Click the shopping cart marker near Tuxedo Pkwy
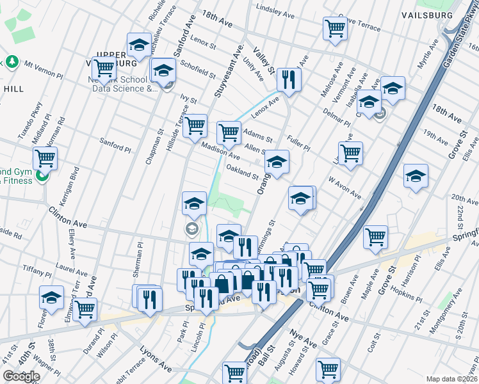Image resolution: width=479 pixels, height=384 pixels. (45, 157)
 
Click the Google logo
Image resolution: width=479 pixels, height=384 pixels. (21, 376)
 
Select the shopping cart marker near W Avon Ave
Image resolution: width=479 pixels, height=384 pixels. (350, 153)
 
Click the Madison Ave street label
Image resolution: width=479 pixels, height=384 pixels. (220, 152)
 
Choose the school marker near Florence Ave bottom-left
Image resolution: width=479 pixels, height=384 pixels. (51, 297)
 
